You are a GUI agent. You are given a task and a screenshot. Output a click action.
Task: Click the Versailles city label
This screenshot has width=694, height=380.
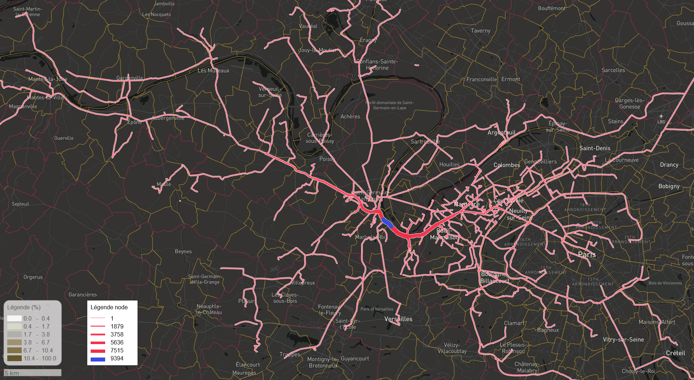(x=398, y=319)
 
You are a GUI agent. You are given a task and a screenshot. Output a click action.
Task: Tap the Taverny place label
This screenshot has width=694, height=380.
(x=480, y=31)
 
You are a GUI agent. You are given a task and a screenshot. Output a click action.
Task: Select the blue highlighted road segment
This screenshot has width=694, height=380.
(x=387, y=222)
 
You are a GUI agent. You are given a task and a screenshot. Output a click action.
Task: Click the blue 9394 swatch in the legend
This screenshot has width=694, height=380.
(x=98, y=359)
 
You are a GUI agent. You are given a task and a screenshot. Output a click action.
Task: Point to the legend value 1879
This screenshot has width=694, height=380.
(x=117, y=326)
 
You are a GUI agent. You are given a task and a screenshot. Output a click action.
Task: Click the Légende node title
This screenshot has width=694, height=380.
(x=109, y=307)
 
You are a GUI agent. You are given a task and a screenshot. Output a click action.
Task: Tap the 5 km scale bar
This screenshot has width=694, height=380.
(x=33, y=373)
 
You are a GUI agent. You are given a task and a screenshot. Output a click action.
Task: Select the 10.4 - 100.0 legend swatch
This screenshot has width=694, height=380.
(x=15, y=358)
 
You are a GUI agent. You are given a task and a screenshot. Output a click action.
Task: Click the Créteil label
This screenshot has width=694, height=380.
(x=675, y=353)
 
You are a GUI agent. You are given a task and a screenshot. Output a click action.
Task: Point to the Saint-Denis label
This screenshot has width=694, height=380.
(x=595, y=148)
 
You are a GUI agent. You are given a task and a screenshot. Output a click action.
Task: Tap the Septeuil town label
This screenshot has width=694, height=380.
(x=20, y=204)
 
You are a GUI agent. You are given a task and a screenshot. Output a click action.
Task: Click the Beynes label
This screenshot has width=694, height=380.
(x=183, y=252)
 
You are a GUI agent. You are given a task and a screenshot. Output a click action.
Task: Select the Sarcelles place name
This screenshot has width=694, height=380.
(x=613, y=70)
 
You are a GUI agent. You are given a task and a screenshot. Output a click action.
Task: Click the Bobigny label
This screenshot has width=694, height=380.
(x=669, y=186)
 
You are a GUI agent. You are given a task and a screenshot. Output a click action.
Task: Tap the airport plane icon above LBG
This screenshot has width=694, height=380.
(x=661, y=116)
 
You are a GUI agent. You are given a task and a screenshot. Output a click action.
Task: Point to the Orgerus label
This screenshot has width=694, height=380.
(x=33, y=277)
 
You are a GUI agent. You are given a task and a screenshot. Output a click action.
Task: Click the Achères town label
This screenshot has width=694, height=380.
(x=350, y=117)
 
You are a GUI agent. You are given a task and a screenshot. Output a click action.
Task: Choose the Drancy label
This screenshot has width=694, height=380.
(x=669, y=165)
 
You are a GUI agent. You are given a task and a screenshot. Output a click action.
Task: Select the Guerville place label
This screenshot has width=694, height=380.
(x=64, y=138)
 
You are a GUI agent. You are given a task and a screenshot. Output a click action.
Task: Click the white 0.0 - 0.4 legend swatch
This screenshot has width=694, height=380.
(x=15, y=318)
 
